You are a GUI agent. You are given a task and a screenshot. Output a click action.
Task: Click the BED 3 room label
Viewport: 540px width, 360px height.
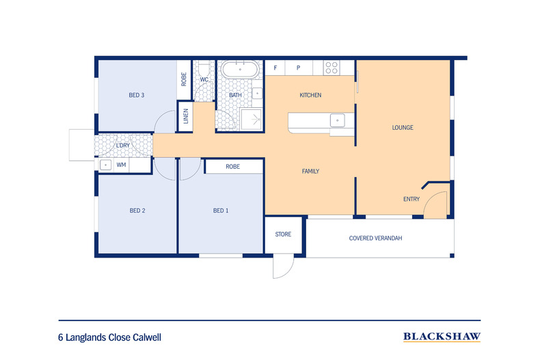pos(137,95)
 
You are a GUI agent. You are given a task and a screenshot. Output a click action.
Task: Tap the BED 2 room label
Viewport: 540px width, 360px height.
pos(137,210)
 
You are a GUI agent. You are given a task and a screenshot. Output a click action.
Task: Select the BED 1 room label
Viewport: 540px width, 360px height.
pos(221,210)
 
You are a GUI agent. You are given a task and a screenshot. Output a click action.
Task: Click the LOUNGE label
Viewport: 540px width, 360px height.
pos(403,128)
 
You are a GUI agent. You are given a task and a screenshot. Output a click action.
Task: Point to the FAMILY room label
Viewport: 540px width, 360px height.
pos(311,171)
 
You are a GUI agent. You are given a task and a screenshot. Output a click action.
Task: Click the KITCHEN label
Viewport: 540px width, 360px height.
pos(310,95)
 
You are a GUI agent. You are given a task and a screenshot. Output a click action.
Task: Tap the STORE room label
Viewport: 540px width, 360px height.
pos(283,234)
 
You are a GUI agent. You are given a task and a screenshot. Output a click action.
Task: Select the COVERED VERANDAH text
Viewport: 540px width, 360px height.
pos(375,238)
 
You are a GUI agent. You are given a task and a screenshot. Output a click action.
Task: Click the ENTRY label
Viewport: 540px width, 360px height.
pos(412,199)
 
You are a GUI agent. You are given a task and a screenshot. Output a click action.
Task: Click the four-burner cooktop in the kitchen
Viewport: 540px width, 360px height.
pos(332,68)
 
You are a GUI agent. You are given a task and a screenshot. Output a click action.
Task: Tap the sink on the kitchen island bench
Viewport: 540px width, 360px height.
pos(337,120)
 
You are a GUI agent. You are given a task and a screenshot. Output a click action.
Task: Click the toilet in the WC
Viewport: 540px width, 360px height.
pos(204,69)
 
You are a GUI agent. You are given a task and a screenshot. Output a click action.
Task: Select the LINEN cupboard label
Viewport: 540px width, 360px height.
pos(185,117)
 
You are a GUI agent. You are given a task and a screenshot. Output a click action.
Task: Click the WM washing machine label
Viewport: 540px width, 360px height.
pos(121,165)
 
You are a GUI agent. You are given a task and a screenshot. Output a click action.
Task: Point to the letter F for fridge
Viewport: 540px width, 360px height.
pos(275,68)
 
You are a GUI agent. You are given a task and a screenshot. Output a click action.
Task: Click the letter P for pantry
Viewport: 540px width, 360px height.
pos(299,68)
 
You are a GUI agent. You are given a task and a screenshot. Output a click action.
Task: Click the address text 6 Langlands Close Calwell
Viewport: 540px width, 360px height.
pos(109,337)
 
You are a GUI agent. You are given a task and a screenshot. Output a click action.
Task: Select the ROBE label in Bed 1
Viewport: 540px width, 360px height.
pos(232,166)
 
